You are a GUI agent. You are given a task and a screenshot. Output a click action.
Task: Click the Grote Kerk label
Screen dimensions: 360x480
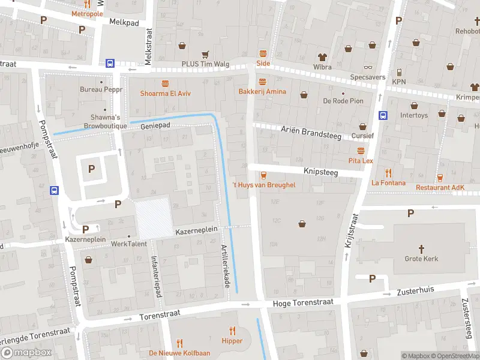(422, 259)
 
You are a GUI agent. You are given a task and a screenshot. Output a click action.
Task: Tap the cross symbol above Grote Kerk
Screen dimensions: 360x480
(422, 248)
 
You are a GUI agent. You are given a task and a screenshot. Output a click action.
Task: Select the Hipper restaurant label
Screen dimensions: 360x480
(232, 341)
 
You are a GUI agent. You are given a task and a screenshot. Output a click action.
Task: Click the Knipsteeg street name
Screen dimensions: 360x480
(321, 172)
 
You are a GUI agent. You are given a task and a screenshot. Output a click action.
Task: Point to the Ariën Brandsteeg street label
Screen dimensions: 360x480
(311, 133)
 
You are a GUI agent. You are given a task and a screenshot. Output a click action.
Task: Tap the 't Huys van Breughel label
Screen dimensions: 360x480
(263, 185)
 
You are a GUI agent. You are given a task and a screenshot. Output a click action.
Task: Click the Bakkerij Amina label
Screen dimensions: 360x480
(262, 92)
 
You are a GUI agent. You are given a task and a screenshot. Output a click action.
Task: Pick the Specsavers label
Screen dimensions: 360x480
(367, 77)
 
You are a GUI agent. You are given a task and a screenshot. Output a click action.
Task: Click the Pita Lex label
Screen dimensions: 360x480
(361, 161)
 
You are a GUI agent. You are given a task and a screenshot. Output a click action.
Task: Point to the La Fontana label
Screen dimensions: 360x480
(388, 183)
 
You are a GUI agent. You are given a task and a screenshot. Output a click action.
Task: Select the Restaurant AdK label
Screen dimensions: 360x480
(440, 188)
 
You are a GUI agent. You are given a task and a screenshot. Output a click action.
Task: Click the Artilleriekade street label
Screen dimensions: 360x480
(226, 266)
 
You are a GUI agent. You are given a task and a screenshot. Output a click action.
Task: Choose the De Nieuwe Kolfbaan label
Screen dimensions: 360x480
(179, 353)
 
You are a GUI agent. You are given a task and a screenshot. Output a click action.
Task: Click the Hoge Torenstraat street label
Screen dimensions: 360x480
(298, 304)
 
